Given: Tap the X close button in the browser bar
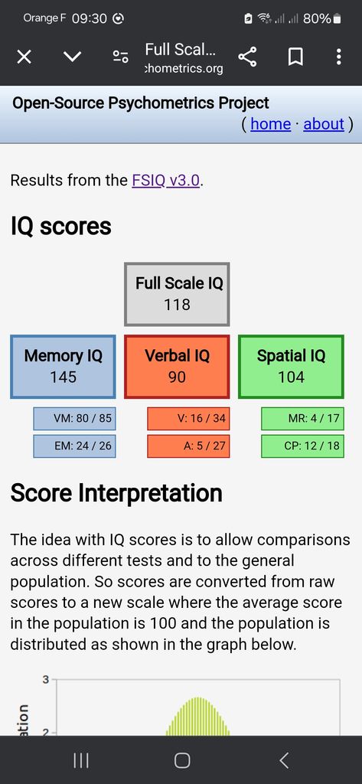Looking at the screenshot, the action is click(x=24, y=57).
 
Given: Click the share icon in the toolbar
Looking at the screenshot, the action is click(x=247, y=57).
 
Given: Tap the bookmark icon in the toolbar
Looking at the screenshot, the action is click(x=295, y=57).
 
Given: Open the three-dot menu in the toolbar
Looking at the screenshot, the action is click(x=339, y=57).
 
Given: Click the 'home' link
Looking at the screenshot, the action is click(x=270, y=124).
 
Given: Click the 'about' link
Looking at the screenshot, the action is click(x=324, y=124).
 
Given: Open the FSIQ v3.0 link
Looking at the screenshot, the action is click(x=167, y=180).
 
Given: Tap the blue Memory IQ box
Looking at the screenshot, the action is click(x=63, y=367).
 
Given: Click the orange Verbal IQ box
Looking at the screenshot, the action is click(x=177, y=367).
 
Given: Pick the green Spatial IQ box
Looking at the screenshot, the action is click(x=291, y=367).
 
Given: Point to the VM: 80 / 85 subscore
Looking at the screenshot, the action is click(x=74, y=419).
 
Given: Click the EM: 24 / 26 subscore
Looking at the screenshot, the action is click(x=74, y=446).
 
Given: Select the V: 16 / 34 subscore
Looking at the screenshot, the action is click(x=188, y=419).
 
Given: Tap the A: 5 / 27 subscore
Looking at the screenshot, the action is click(x=188, y=446).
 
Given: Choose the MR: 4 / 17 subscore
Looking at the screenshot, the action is click(x=302, y=419).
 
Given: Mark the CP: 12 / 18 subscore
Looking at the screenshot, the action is click(x=302, y=446).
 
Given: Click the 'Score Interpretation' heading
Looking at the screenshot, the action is click(x=116, y=494).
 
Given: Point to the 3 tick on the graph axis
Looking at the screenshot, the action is click(x=45, y=680).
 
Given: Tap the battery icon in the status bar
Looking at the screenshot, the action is click(x=337, y=19).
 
